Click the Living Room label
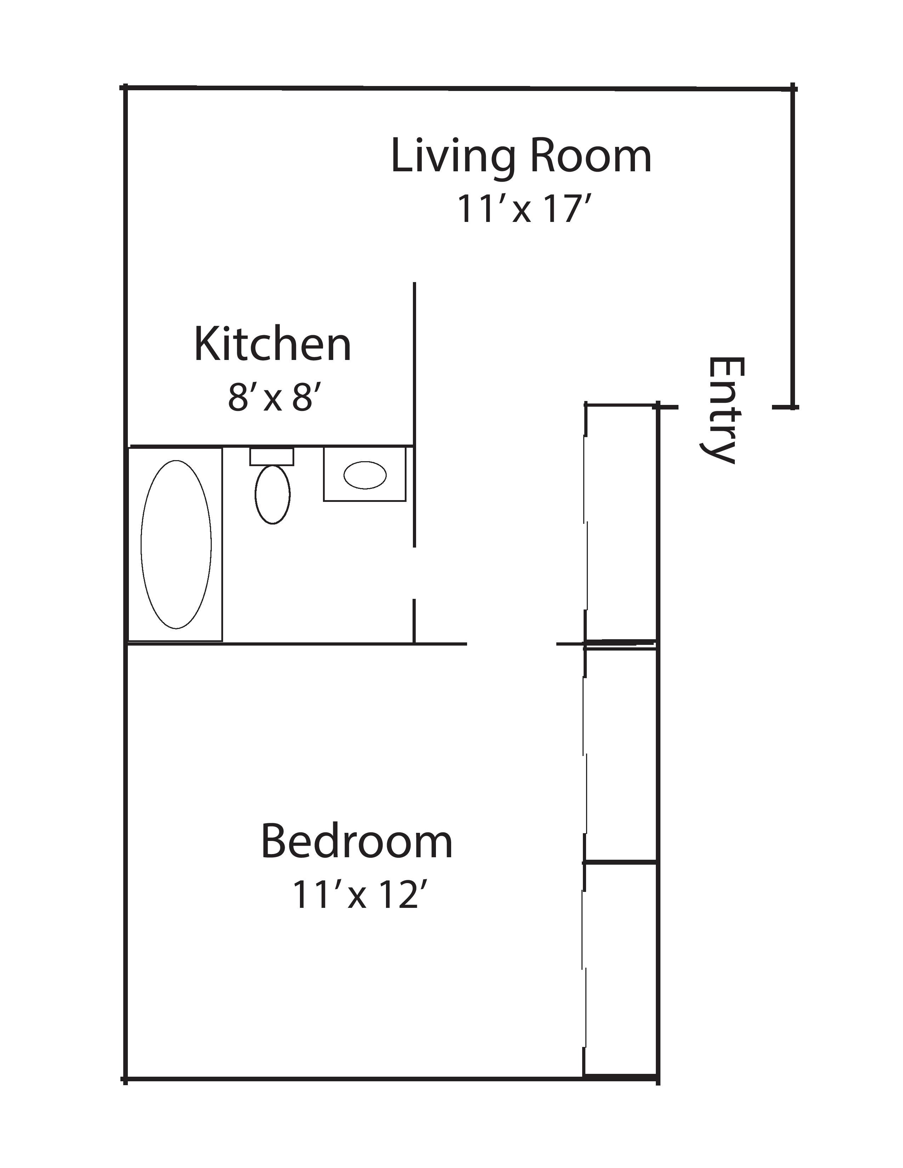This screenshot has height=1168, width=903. [x=522, y=157]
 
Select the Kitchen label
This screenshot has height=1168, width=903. [x=272, y=345]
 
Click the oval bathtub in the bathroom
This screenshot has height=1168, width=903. [x=176, y=544]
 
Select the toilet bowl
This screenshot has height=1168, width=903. [x=273, y=494]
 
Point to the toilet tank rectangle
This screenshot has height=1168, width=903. [x=272, y=457]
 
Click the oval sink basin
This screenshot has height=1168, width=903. [x=365, y=475]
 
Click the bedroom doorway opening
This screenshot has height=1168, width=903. [x=512, y=643]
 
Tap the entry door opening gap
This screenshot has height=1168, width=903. [x=725, y=407]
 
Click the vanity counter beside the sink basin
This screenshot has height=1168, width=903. [x=365, y=474]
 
